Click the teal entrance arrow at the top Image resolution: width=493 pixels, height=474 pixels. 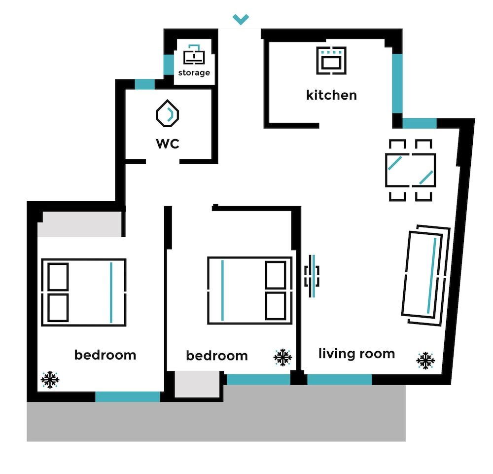pos(241,19)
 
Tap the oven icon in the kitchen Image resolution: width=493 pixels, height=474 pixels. pos(331,61)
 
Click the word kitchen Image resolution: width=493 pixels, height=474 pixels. pos(331,95)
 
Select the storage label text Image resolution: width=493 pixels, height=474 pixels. pos(194,73)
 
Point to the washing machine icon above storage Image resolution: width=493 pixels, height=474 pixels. pos(194,55)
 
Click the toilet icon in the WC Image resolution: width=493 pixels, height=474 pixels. pos(168,114)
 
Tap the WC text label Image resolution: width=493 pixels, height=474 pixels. pos(168,144)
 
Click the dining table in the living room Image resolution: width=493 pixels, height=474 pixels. pos(410,170)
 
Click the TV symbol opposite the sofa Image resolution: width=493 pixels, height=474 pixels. pos(312,276)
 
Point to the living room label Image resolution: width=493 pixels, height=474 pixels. pos(356,354)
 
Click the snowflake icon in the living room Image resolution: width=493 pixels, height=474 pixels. pos(425,361)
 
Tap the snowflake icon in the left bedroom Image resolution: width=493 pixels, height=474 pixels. pos(50,379)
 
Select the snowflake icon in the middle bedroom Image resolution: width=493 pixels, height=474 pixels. pos(282,358)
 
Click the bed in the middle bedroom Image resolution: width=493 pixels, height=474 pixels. pos(250,290)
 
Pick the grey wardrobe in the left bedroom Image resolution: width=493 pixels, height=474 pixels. pos(80,224)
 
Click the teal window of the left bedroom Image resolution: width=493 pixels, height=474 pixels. pos(128,397)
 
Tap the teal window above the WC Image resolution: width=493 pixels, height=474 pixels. pos(144,84)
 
